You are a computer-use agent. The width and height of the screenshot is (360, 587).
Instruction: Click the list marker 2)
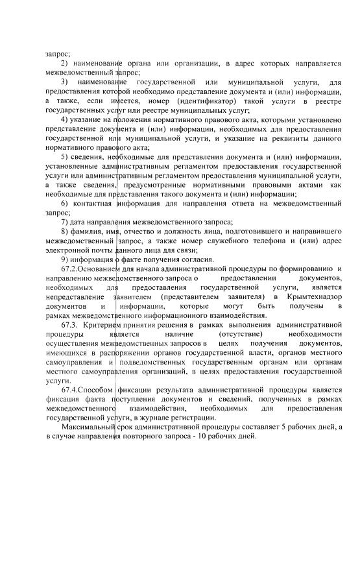[64, 64]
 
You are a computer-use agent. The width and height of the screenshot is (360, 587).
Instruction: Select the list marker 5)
[64, 157]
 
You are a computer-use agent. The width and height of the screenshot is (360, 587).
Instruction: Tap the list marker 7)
[64, 222]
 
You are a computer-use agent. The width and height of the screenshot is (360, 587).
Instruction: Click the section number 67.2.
[69, 269]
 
